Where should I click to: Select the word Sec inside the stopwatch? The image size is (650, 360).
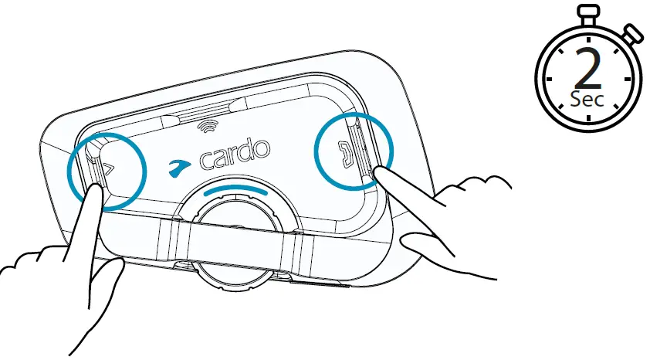point(588,100)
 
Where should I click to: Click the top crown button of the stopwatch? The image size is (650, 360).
point(590,12)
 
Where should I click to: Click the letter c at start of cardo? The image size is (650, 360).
point(206,160)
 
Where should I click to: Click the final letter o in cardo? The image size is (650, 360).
point(262,148)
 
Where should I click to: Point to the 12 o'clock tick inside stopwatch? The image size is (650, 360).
point(590,37)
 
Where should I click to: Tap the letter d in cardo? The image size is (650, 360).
point(248,150)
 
